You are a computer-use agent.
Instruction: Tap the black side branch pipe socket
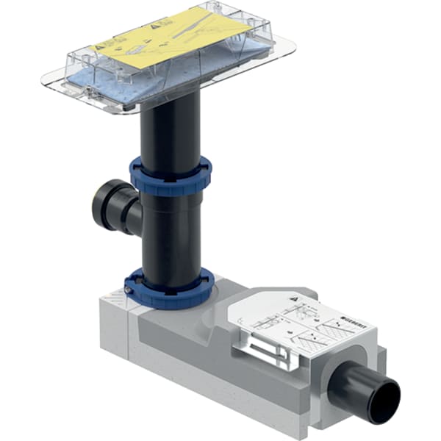pos(110,204)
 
